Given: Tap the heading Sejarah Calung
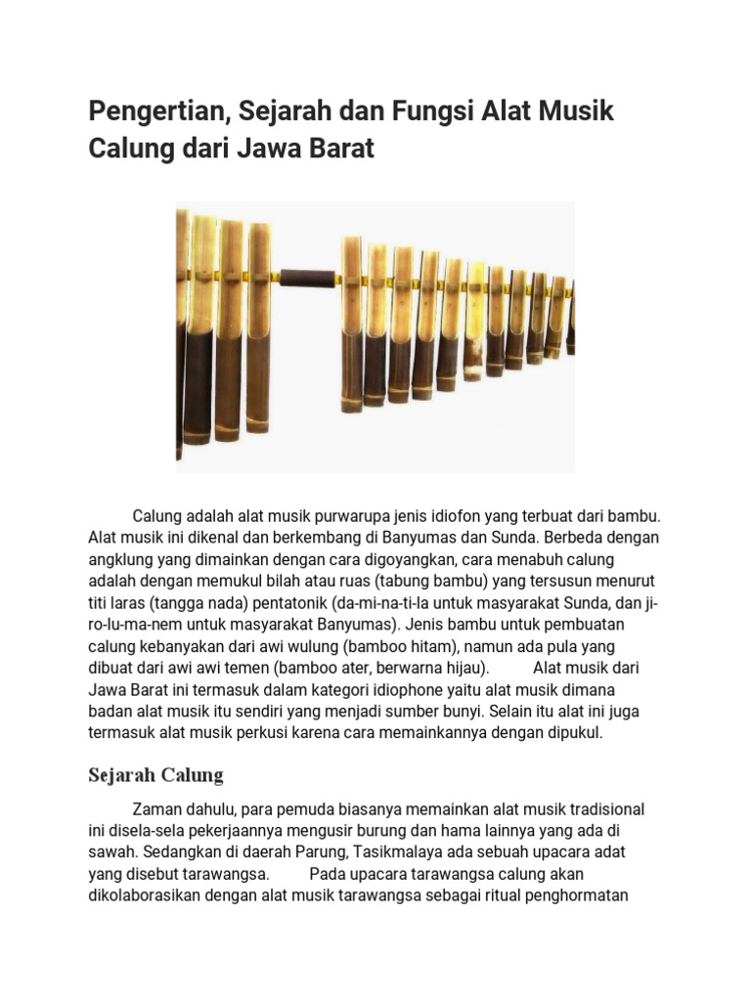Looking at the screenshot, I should point(155,775).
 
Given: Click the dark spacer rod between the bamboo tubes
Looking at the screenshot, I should point(308,276).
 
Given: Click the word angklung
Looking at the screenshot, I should point(120,559).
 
